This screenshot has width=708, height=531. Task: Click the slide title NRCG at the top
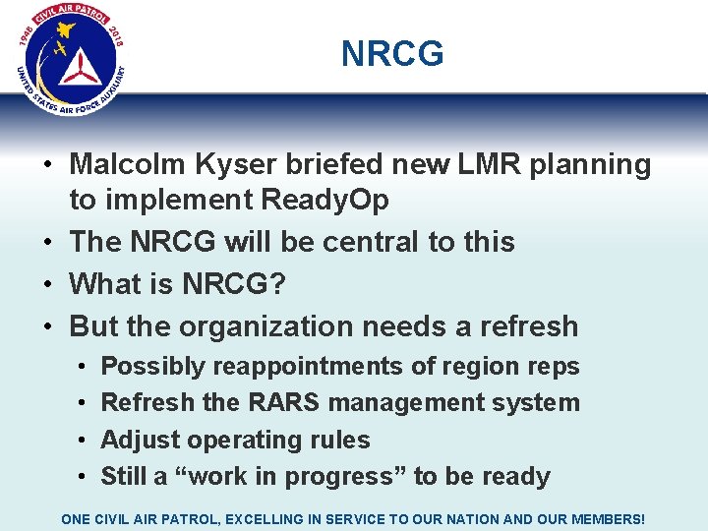click(x=392, y=54)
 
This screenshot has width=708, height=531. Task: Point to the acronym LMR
click(x=486, y=165)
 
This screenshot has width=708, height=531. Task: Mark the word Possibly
click(x=153, y=367)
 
